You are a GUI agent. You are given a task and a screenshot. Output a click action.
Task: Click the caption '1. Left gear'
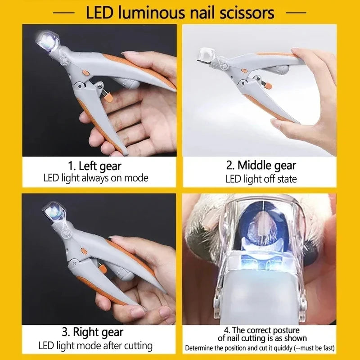click(95, 166)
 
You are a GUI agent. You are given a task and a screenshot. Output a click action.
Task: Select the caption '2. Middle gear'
click(261, 165)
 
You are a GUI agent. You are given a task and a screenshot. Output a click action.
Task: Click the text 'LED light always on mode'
click(95, 178)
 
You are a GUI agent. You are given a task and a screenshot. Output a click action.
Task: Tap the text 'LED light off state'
click(261, 179)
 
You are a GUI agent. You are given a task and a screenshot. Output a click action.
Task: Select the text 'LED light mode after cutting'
click(95, 346)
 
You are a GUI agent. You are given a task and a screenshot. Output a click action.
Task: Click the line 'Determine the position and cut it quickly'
click(238, 348)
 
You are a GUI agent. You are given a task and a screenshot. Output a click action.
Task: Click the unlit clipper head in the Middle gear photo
click(207, 55)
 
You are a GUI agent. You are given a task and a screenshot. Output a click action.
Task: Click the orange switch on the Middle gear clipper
click(243, 71)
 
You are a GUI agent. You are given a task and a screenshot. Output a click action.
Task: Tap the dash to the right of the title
click(296, 13)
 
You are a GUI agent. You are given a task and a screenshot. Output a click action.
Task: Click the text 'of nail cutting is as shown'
click(261, 338)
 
